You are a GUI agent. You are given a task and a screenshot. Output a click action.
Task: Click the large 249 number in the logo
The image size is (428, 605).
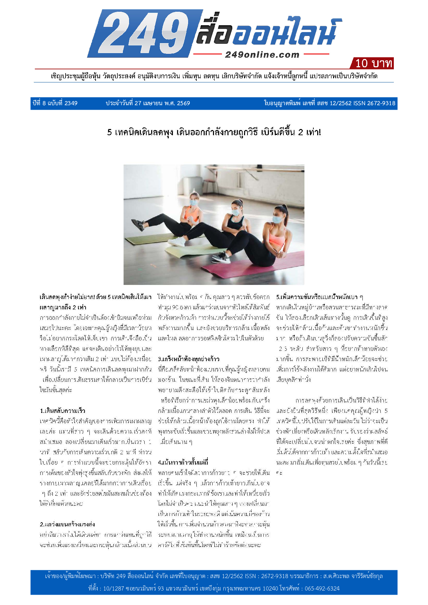[145, 33]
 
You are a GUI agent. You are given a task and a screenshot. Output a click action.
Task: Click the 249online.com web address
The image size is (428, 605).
[262, 54]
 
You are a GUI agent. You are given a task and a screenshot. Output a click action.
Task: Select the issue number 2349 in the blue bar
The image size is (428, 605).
[71, 103]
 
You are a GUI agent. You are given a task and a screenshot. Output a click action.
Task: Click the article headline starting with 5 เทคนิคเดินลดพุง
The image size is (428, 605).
[214, 132]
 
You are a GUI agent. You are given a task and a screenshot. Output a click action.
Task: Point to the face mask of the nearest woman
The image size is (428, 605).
[278, 219]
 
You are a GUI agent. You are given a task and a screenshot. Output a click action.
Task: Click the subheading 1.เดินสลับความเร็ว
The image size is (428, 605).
[62, 410]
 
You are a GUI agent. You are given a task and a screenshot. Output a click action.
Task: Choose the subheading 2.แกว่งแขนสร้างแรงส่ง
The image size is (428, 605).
[67, 524]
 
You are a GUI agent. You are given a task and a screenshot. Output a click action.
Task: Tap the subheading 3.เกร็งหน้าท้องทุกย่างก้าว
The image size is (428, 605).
[188, 359]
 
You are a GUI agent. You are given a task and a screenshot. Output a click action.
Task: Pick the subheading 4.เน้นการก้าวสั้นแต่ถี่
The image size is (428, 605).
[183, 462]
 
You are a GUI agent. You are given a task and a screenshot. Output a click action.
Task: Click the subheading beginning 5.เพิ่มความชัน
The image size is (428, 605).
[319, 297]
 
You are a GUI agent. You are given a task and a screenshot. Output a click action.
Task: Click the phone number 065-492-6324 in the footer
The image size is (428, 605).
[322, 588]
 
